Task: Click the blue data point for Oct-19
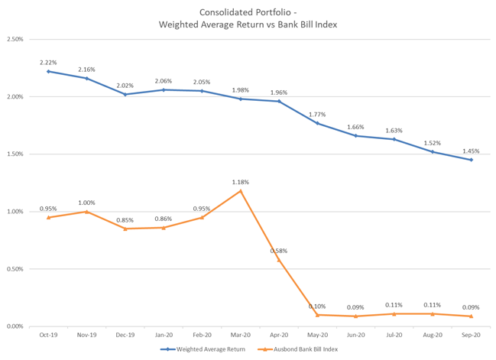(48, 71)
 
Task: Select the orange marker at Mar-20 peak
(241, 190)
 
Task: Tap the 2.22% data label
(48, 62)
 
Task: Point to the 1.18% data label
(241, 182)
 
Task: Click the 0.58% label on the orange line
(279, 251)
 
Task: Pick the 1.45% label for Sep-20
(471, 151)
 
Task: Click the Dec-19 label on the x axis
(125, 335)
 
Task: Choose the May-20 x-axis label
(317, 335)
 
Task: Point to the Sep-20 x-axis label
(471, 335)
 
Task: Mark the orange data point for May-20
(317, 315)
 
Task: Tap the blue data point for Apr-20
(279, 101)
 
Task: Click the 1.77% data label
(317, 114)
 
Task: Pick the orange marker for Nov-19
(86, 212)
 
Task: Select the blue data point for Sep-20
(471, 160)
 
